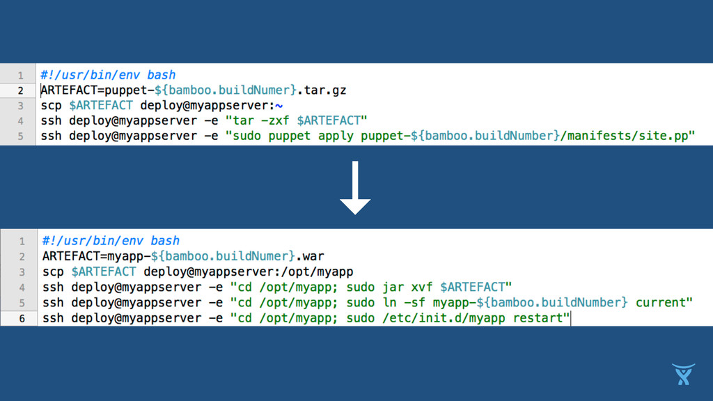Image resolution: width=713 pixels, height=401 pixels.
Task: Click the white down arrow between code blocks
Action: pos(355,188)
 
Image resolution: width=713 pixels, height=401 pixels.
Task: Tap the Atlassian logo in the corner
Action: pos(684,374)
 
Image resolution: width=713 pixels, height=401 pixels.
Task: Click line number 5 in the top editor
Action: pos(20,136)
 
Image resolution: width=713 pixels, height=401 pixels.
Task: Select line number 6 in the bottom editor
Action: pos(21,319)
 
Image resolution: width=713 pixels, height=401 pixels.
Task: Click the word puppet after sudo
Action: pos(288,136)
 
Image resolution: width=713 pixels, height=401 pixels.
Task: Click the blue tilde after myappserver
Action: pos(279,106)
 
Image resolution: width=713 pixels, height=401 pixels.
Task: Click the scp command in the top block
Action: pos(52,106)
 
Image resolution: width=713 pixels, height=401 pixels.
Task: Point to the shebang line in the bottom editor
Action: pos(111,241)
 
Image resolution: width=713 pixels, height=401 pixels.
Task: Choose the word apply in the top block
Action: pos(336,136)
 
